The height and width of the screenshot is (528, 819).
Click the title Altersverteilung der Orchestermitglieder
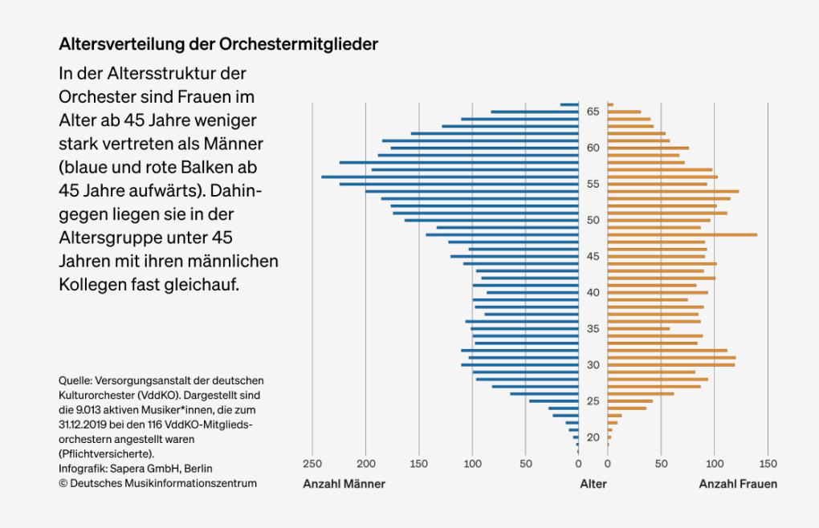tap(218, 44)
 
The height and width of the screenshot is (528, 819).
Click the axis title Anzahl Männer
tap(344, 484)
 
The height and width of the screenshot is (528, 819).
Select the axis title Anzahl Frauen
tap(738, 484)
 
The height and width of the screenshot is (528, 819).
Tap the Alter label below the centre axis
tap(593, 484)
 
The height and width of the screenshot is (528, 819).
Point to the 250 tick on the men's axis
tap(312, 463)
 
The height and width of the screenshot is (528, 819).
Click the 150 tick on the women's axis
tap(768, 463)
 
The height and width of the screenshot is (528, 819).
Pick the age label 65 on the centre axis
tap(593, 112)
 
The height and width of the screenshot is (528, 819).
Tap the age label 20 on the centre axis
tap(593, 437)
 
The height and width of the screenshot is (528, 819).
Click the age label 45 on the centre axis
tap(593, 256)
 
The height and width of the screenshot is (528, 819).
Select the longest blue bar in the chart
tap(450, 177)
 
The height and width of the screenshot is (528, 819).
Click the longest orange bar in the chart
tap(682, 234)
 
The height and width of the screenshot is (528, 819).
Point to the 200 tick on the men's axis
tap(366, 463)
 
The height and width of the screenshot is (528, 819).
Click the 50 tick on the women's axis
tap(661, 463)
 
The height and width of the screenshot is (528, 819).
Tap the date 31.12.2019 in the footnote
tap(84, 425)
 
